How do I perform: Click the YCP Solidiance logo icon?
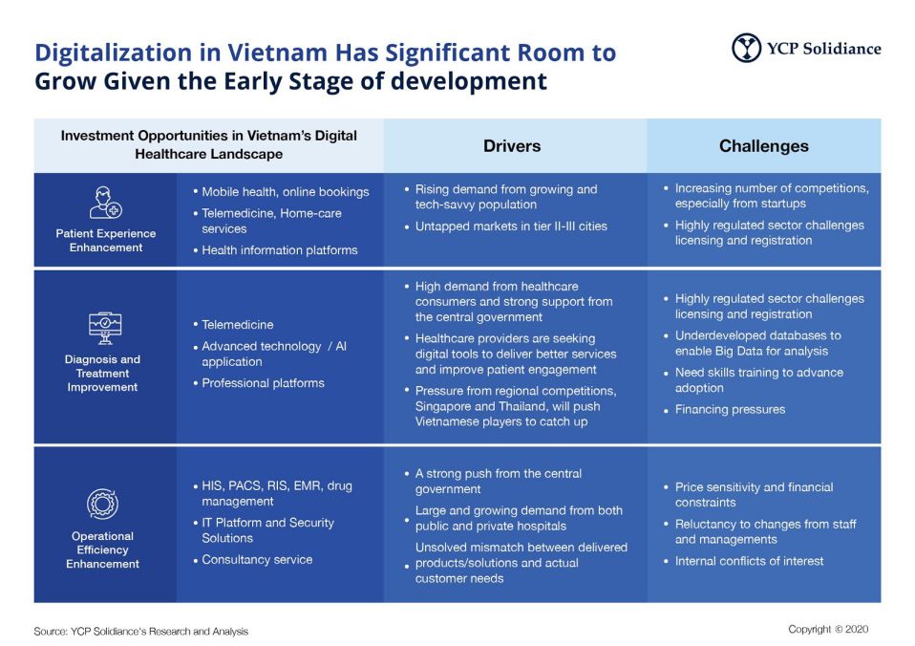(x=746, y=48)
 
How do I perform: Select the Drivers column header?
(x=512, y=146)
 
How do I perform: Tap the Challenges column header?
(x=763, y=146)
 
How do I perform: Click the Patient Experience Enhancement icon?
(x=105, y=203)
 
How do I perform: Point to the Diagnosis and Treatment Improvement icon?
(x=103, y=328)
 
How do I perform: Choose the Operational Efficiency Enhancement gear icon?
(x=102, y=504)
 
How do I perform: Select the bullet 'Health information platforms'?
(x=279, y=250)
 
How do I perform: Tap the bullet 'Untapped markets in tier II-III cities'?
(x=511, y=226)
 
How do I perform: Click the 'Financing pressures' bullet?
(x=730, y=409)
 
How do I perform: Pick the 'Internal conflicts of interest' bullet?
(x=749, y=561)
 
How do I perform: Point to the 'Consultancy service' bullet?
(x=256, y=559)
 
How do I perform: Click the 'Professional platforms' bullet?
(x=263, y=383)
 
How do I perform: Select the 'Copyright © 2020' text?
(x=828, y=629)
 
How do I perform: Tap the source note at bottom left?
(x=140, y=631)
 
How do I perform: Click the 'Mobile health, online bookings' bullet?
(x=285, y=192)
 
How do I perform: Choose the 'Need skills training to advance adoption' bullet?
(x=758, y=380)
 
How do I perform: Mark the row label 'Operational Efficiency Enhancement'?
(x=102, y=549)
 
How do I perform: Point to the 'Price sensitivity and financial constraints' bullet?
(x=754, y=495)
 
